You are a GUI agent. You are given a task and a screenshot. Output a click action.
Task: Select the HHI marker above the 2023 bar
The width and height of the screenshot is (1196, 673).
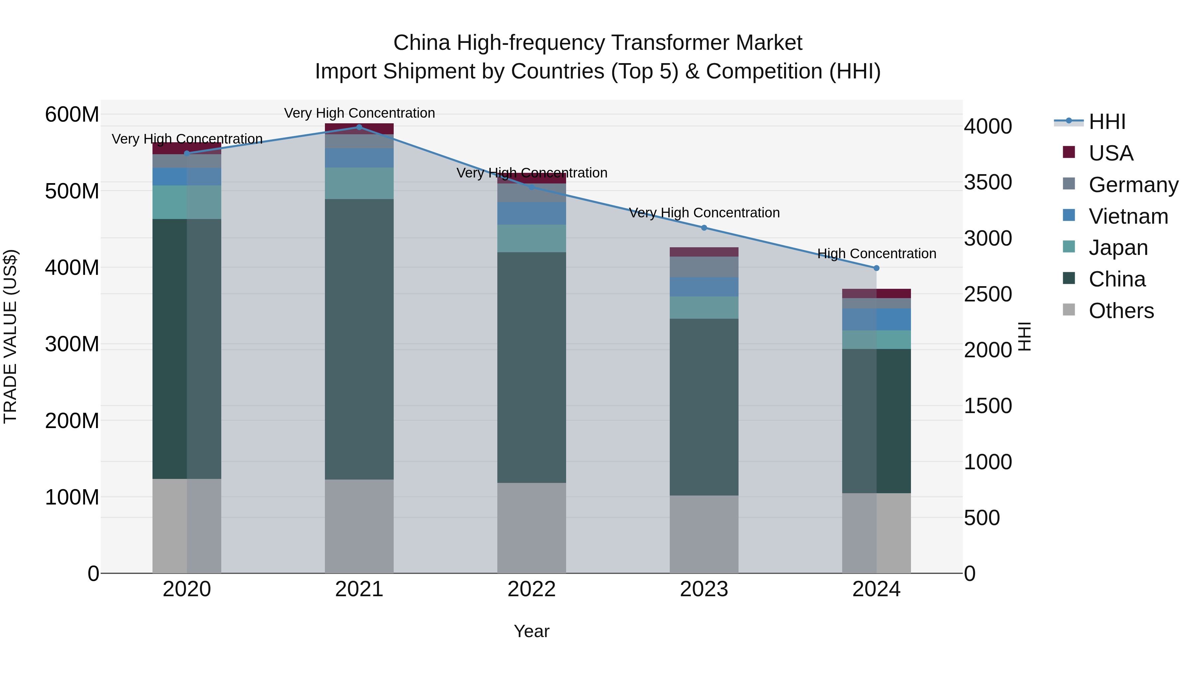coord(704,228)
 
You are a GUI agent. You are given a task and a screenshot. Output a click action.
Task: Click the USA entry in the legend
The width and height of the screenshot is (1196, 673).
coord(1111,153)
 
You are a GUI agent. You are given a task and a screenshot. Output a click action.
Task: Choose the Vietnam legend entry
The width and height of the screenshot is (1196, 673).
coord(1128,216)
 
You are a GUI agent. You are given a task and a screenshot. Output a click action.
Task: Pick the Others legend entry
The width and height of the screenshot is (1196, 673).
coord(1121,311)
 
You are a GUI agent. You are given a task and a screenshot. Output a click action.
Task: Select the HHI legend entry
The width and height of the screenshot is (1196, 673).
coord(1107,122)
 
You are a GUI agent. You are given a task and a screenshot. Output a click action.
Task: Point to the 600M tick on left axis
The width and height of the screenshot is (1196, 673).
coord(72,114)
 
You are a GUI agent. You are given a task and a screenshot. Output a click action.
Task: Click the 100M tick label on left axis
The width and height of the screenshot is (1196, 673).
coord(72,497)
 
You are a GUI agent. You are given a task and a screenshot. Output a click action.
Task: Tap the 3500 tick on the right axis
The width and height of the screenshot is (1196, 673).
coord(988,182)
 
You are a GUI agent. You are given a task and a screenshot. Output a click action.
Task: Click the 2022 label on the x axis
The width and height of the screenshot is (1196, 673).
coord(532,589)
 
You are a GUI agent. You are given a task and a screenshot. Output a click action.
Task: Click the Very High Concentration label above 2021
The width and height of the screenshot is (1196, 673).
coord(359,113)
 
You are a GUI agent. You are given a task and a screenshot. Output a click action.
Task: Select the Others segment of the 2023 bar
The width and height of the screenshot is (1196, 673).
coord(704,534)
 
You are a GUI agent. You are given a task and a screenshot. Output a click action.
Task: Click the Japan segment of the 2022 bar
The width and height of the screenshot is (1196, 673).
coord(532,238)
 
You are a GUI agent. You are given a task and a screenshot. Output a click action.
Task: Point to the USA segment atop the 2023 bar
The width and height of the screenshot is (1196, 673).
coord(704,252)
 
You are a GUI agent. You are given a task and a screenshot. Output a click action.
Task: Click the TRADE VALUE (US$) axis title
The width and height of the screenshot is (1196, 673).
coord(10,336)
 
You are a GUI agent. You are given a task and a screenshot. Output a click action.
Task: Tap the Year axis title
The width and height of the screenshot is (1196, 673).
coord(532,631)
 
